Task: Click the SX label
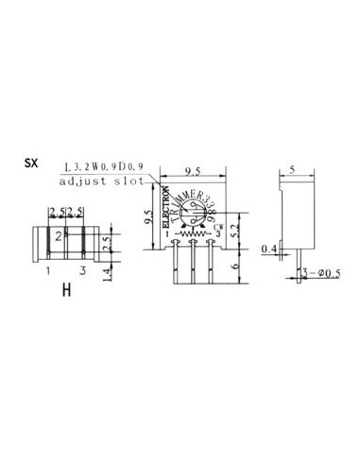(x=31, y=162)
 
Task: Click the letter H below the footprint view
(x=66, y=290)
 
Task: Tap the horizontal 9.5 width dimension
(x=193, y=171)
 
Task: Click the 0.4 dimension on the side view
(x=268, y=249)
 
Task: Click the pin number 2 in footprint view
(x=59, y=235)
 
